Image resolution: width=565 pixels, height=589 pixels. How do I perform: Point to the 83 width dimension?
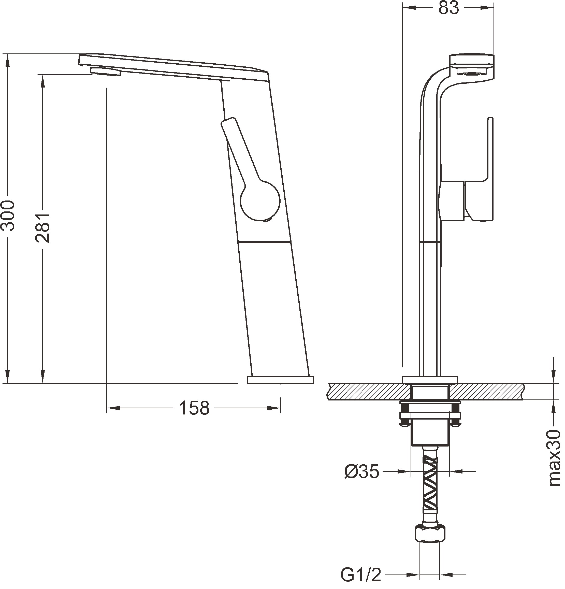pyautogui.click(x=448, y=8)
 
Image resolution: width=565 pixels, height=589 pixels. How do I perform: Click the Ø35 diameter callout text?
pyautogui.click(x=362, y=471)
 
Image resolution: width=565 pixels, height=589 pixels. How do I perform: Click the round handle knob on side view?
pyautogui.click(x=260, y=200)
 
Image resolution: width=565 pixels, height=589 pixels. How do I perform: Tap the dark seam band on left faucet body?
pyautogui.click(x=265, y=242)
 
